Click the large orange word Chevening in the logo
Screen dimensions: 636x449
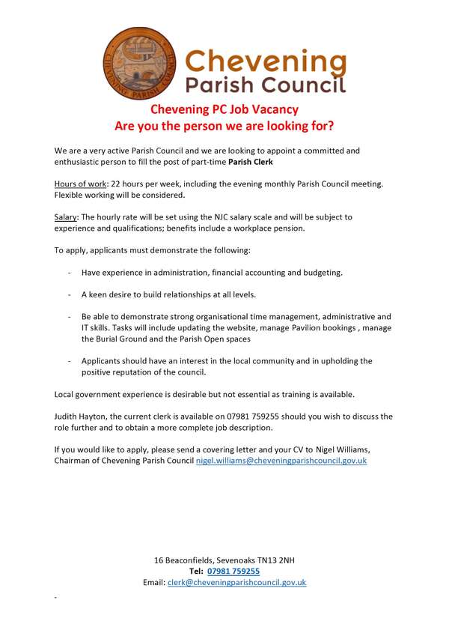266,59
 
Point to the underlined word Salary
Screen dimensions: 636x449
67,216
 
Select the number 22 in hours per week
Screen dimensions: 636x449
116,184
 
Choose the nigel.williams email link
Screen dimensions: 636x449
281,461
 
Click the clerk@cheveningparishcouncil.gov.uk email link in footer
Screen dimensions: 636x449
236,582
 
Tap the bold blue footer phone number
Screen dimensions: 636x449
233,571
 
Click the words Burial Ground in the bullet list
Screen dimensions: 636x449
123,339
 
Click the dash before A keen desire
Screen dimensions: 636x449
70,294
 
